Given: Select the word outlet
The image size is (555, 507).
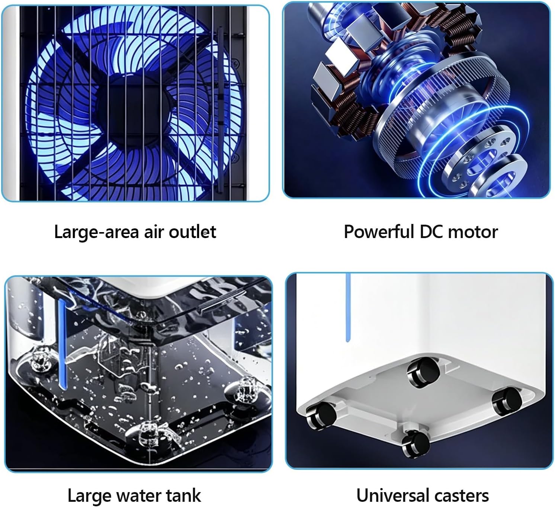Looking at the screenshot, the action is coord(193,232).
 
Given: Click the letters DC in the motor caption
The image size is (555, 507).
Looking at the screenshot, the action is coord(431,232).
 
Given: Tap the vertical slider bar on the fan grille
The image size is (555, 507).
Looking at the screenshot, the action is coord(220,109).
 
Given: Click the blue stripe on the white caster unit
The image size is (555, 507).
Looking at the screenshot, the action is coord(348,307).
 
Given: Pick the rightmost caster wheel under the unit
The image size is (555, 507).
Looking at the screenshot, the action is coord(507,401).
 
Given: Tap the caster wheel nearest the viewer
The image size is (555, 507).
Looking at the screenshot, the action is coord(415,444).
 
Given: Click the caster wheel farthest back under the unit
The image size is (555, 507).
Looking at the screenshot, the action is coord(423,372).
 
